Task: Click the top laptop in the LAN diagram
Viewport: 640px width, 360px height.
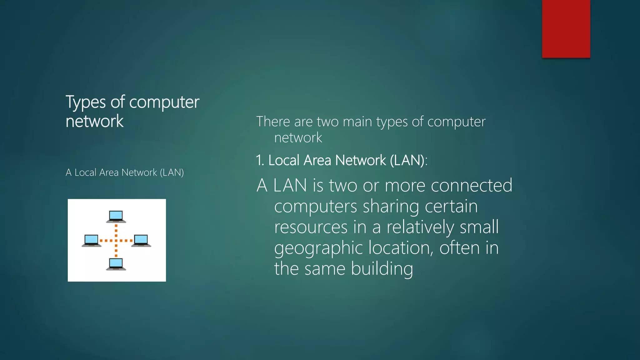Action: click(x=116, y=216)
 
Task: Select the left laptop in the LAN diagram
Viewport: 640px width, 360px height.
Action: click(x=92, y=240)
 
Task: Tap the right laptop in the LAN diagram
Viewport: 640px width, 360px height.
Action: click(x=141, y=240)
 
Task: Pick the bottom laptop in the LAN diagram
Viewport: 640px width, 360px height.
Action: click(x=116, y=264)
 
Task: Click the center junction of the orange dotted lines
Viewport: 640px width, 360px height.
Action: click(x=116, y=241)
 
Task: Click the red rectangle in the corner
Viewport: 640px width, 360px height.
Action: click(x=566, y=29)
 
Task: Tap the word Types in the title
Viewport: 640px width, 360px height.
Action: click(x=86, y=102)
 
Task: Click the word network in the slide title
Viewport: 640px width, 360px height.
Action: click(x=95, y=121)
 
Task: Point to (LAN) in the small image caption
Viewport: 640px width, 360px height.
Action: click(x=172, y=172)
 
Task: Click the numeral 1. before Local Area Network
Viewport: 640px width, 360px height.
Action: click(x=260, y=160)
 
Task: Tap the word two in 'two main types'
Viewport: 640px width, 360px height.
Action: click(x=328, y=122)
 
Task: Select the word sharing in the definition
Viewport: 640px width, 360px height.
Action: click(x=391, y=207)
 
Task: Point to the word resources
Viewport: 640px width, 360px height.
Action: click(x=311, y=227)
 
